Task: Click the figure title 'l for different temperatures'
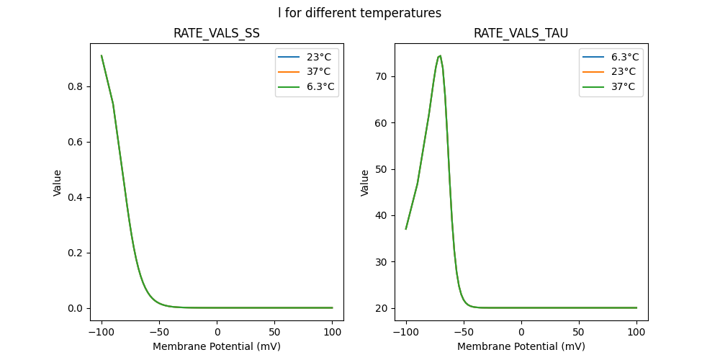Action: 359,13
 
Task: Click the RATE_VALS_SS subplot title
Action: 217,33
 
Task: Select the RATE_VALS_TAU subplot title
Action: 521,33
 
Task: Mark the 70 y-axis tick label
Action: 382,76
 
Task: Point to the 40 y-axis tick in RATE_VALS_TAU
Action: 382,215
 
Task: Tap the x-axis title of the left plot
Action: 217,346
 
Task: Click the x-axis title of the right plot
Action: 521,346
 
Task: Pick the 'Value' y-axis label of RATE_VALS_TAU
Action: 365,182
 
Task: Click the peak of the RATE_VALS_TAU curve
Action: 440,55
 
